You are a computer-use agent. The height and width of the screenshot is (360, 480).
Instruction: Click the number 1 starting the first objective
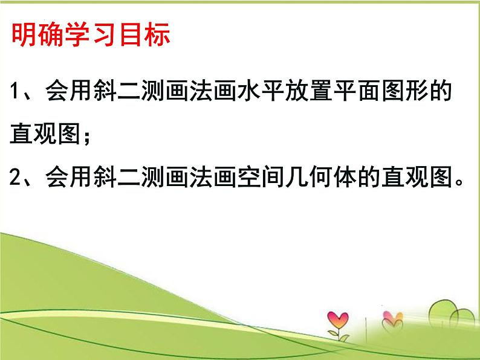(x=16, y=95)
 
